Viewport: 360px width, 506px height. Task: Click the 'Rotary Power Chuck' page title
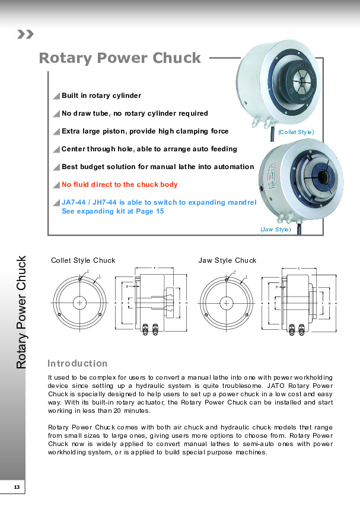[x=120, y=58]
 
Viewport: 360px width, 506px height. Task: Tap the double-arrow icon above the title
[x=26, y=34]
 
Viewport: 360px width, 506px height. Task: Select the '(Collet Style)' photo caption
[x=296, y=132]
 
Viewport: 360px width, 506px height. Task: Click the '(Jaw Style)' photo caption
[x=276, y=229]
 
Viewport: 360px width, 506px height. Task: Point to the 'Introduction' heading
[x=77, y=363]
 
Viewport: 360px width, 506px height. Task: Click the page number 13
[x=17, y=487]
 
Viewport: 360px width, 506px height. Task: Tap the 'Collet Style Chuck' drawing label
[x=83, y=260]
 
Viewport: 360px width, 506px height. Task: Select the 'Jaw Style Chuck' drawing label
[x=227, y=260]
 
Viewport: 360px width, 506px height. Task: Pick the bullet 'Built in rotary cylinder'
[x=101, y=96]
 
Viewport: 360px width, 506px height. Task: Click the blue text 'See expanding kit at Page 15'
[x=113, y=211]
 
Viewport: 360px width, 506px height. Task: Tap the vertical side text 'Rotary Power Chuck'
[x=22, y=312]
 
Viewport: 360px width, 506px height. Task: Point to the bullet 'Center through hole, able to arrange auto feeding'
[x=149, y=149]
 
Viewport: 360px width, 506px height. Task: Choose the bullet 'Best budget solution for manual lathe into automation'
[x=158, y=167]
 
